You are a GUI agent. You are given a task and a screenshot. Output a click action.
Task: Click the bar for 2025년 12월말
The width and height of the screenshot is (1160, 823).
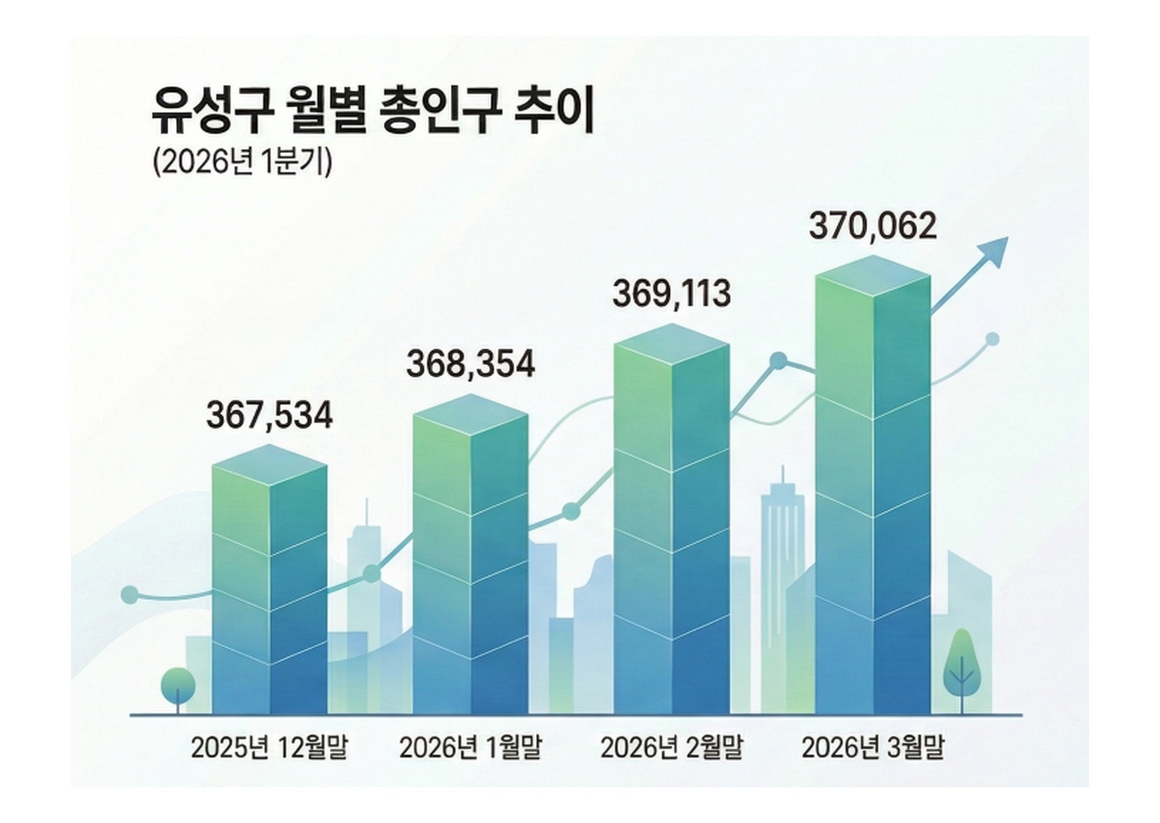(270, 584)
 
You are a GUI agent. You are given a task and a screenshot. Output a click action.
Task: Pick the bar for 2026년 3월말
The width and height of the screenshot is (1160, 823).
(872, 491)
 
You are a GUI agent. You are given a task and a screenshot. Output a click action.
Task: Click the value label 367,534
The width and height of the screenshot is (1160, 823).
(269, 416)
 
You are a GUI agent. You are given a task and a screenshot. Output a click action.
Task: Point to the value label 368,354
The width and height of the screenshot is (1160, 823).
(470, 364)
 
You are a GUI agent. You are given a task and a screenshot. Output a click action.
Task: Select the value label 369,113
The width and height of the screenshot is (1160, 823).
(671, 294)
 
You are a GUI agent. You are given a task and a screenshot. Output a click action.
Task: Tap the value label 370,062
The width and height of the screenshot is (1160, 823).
(872, 227)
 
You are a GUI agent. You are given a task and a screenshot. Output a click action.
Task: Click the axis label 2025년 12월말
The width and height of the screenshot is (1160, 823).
(269, 748)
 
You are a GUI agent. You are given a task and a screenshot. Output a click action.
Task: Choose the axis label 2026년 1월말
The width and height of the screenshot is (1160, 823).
(470, 748)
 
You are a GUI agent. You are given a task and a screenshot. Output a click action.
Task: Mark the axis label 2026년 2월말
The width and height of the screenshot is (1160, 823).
(671, 748)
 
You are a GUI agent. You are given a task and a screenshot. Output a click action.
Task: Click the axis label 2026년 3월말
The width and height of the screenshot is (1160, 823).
(872, 748)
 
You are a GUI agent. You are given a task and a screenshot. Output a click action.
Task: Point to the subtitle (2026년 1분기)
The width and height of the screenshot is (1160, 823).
(242, 162)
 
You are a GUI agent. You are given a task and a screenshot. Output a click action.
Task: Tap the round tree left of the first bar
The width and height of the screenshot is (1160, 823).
(178, 685)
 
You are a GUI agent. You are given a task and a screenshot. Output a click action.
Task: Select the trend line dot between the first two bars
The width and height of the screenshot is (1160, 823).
(371, 574)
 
